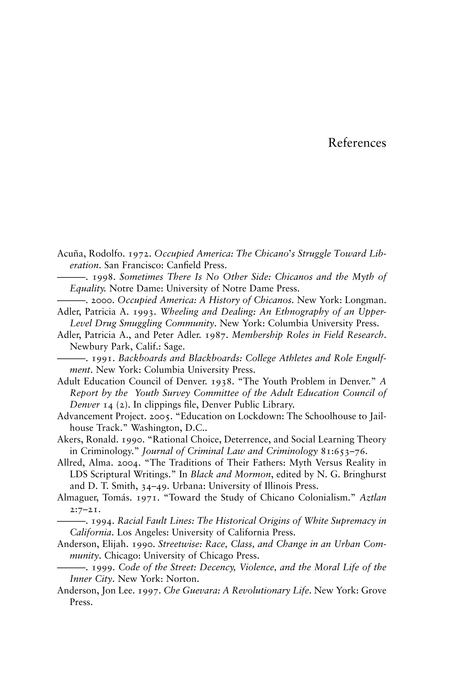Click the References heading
click(x=357, y=143)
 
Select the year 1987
click(x=216, y=335)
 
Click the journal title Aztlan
click(x=373, y=498)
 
